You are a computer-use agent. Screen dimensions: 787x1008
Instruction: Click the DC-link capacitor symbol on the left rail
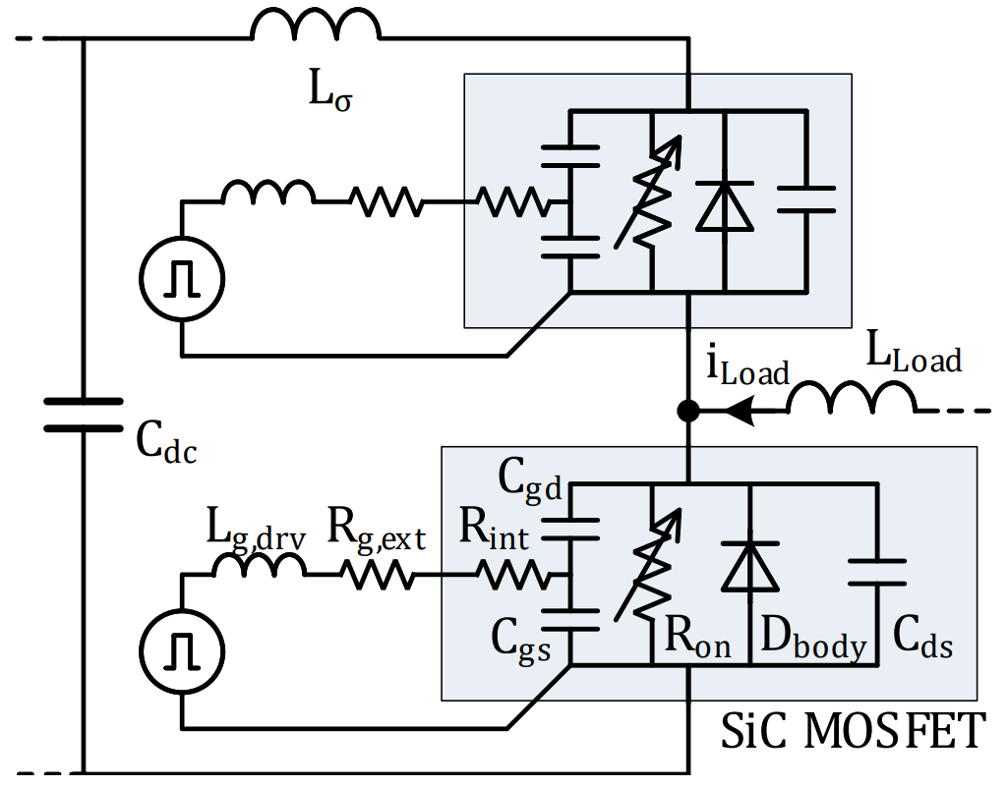84,415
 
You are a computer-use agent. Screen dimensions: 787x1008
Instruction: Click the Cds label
922,642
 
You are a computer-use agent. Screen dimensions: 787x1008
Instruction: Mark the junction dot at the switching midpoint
689,411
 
